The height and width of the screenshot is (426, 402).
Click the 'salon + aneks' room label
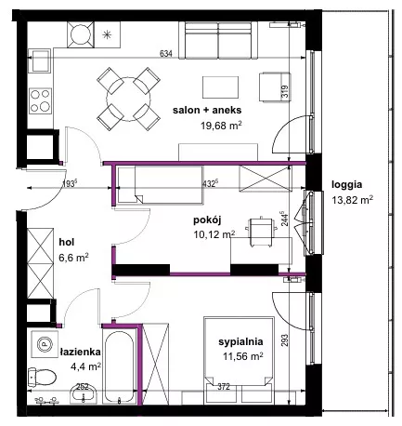[207, 110]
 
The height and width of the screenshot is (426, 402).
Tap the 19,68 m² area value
[221, 126]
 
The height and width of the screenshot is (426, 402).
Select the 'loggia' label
[346, 185]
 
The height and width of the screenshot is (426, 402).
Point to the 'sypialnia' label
[240, 341]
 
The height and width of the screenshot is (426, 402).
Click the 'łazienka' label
[80, 352]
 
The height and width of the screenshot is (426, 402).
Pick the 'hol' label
[67, 242]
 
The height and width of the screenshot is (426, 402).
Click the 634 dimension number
[165, 54]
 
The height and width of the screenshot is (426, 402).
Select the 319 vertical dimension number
[285, 92]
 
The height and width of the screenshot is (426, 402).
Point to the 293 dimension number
[285, 340]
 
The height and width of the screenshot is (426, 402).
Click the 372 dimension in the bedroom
[224, 387]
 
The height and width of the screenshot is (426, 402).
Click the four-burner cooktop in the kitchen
[40, 100]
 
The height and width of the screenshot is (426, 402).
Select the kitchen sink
[40, 60]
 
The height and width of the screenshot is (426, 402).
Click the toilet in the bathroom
[42, 377]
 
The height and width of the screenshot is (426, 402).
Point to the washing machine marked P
[45, 344]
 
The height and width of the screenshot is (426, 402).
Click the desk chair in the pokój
[261, 232]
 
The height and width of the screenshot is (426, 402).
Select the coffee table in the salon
[220, 87]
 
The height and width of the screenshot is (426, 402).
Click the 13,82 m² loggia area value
[352, 200]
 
